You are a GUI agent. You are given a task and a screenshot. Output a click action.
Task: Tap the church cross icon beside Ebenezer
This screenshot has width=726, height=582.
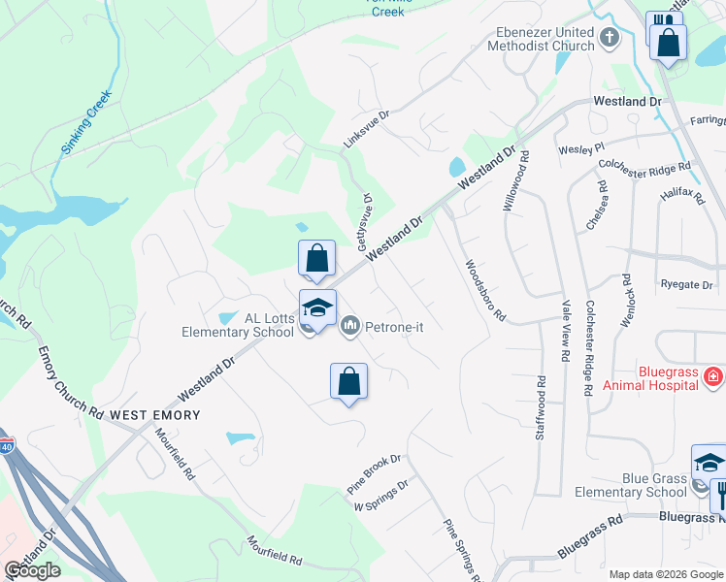609,38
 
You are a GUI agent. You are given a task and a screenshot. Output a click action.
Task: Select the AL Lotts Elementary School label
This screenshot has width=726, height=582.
238,325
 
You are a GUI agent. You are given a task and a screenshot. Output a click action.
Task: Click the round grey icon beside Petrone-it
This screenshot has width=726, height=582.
350,326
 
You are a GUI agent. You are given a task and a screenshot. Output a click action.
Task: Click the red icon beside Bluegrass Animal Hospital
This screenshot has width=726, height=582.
713,374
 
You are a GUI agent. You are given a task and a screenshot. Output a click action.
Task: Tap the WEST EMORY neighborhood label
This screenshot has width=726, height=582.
155,414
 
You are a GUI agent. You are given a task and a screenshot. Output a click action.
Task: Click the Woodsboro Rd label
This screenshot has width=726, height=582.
485,290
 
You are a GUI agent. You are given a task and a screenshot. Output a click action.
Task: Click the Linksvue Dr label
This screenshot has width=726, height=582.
366,128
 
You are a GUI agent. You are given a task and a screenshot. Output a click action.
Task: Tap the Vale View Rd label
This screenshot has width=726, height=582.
564,330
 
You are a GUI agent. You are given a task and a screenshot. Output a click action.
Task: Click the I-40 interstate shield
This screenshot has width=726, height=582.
7,447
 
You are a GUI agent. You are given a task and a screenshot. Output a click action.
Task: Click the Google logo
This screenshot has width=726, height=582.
32,569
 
